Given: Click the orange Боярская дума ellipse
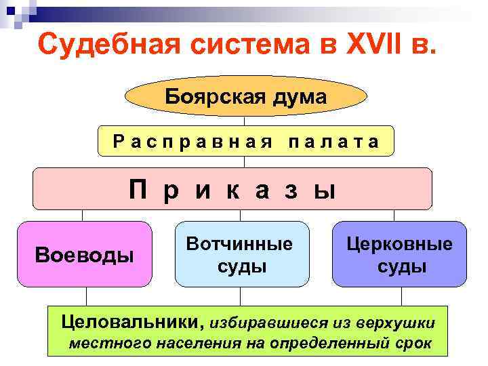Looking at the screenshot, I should click(245, 97).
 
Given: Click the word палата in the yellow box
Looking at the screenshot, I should click(333, 141).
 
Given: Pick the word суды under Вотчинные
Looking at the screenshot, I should click(241, 266).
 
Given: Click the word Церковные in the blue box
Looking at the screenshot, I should click(399, 244).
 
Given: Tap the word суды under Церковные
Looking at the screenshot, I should click(401, 266).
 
